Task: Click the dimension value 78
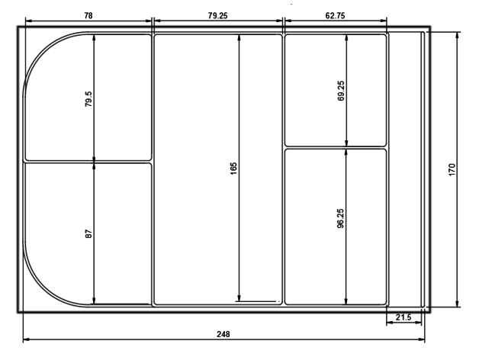click(x=88, y=15)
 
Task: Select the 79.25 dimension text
click(x=218, y=15)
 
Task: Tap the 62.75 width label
click(x=335, y=15)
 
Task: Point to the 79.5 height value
click(x=88, y=98)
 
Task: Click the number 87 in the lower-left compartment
click(x=88, y=234)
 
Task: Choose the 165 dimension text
click(x=233, y=169)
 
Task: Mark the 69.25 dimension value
click(x=341, y=91)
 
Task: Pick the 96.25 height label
click(x=340, y=218)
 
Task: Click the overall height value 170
click(x=452, y=169)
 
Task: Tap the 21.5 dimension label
click(x=403, y=317)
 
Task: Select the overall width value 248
click(x=223, y=334)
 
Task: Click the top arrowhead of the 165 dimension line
click(x=239, y=37)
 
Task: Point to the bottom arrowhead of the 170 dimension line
click(x=457, y=303)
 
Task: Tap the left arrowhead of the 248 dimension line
click(x=27, y=339)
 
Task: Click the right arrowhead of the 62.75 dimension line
click(x=383, y=21)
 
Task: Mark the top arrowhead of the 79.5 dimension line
click(x=94, y=37)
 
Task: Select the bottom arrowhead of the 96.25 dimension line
click(x=346, y=301)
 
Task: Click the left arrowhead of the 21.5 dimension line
click(x=390, y=323)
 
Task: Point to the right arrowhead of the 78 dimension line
click(x=148, y=21)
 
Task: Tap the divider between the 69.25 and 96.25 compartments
click(x=336, y=148)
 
